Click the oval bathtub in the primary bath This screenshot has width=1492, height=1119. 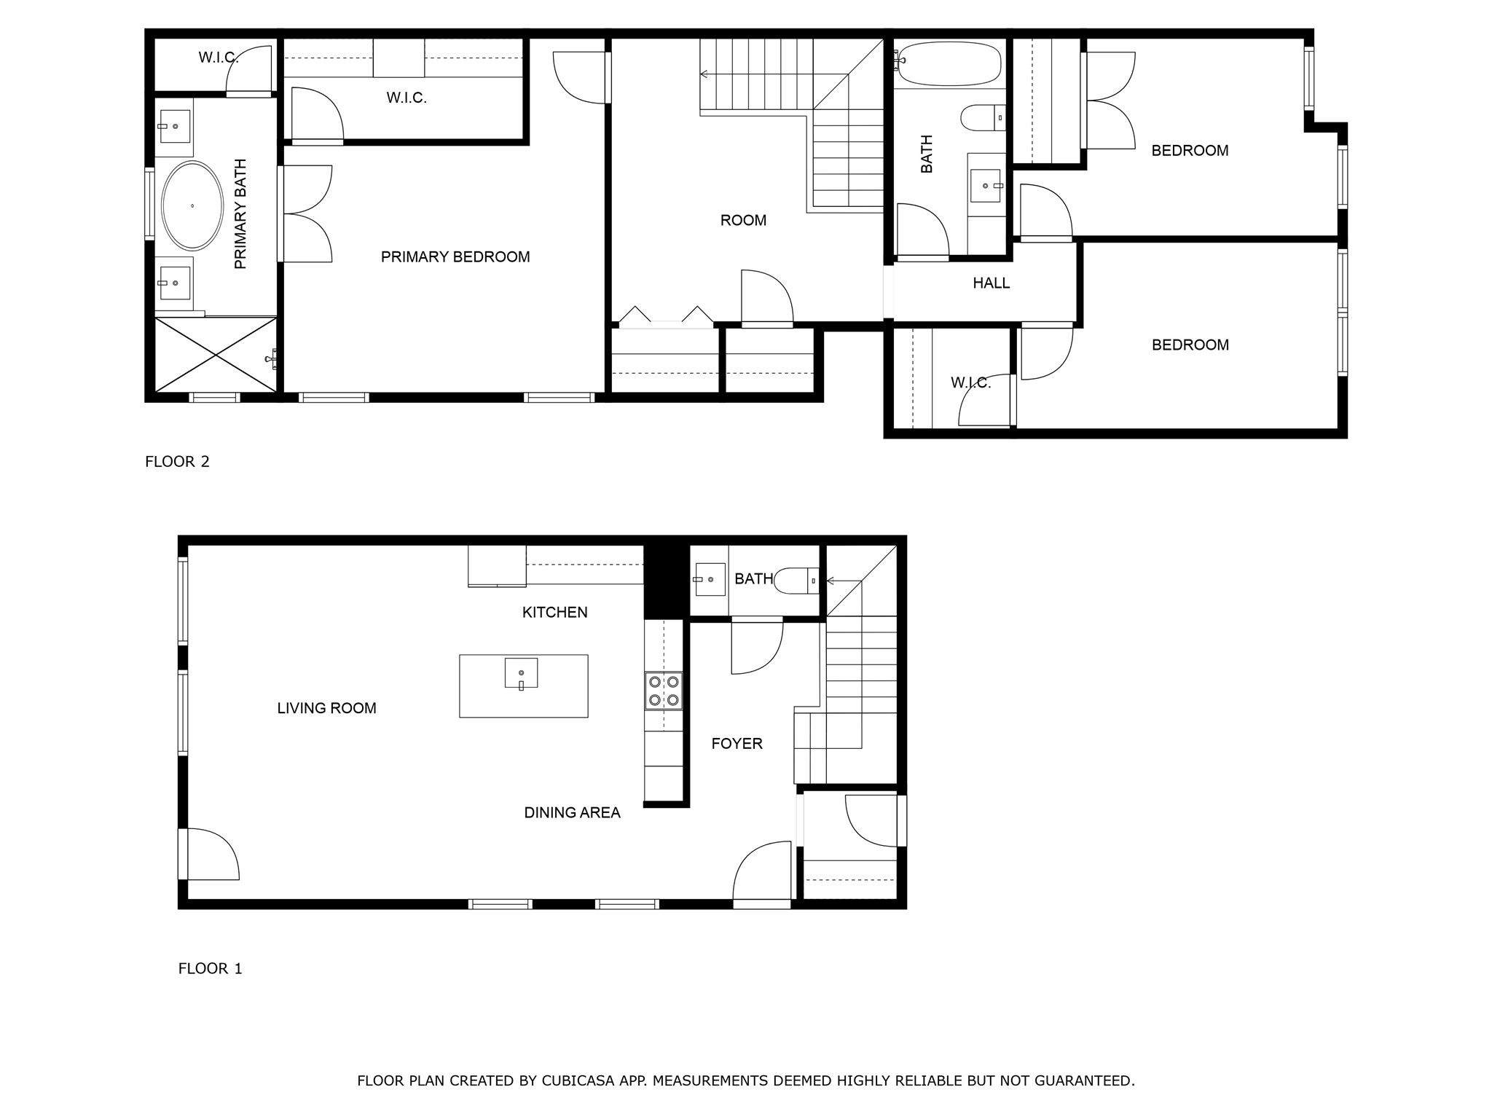pos(192,206)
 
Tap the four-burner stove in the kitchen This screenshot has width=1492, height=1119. pos(664,691)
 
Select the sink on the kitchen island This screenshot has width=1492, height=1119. pos(521,673)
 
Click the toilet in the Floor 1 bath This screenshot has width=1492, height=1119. pos(796,581)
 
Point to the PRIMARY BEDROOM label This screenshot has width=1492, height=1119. pos(455,256)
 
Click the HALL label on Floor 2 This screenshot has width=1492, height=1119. pos(991,283)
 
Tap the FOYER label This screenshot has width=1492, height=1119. pos(737,743)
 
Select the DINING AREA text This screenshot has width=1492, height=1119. pos(572,812)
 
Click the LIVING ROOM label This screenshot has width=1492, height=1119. pos(326,708)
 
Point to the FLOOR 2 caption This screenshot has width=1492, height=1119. pos(177,461)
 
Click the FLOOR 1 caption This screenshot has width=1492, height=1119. pos(210,968)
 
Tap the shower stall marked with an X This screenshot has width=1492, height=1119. pos(216,355)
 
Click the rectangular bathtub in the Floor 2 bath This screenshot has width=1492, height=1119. pos(950,63)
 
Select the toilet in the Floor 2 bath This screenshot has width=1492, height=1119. pos(982,117)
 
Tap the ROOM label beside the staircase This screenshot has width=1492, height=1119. pos(743,220)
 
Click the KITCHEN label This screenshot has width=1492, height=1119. pos(554,612)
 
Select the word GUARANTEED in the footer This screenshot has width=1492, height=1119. pos(1087,1080)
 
